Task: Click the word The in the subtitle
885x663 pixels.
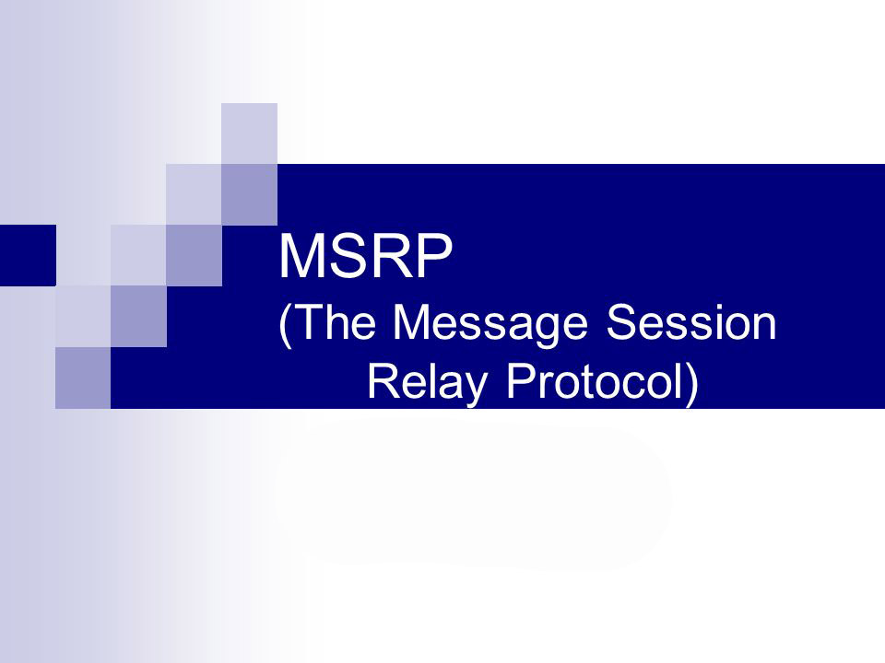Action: tap(334, 322)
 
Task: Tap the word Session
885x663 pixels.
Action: tap(690, 322)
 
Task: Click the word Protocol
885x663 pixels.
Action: tap(596, 381)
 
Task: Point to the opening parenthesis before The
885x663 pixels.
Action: tap(285, 326)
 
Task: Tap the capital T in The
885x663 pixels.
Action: tap(305, 322)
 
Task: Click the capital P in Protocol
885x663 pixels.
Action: tap(520, 381)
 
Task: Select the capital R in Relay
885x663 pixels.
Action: tap(383, 381)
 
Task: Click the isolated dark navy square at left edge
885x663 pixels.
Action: tap(28, 255)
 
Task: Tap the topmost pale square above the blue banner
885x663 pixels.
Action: tap(249, 134)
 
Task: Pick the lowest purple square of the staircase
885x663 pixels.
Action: tap(83, 378)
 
